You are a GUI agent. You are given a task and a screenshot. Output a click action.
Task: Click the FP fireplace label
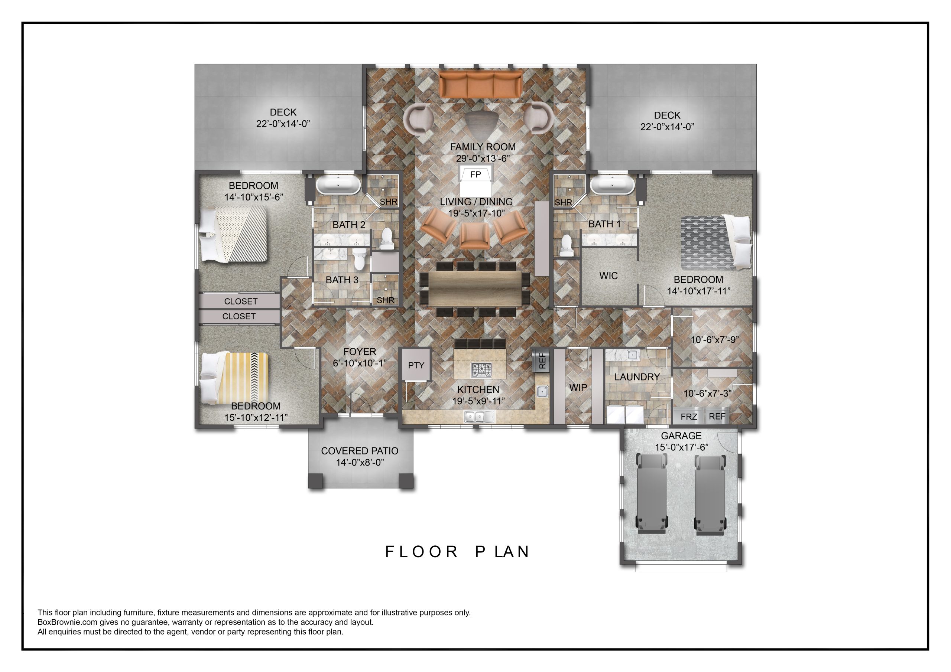475,175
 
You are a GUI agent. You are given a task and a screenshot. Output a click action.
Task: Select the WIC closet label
608,276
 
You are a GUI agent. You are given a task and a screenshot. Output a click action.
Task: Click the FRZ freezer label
689,417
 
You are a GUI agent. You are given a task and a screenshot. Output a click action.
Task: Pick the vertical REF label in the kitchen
542,361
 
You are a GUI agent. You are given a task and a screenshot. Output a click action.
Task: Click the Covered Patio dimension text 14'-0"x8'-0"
360,462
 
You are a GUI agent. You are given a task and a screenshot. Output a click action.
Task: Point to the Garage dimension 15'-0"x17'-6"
681,447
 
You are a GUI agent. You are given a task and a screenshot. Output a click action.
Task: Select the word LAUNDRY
637,377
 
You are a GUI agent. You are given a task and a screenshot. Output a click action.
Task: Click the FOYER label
360,352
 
